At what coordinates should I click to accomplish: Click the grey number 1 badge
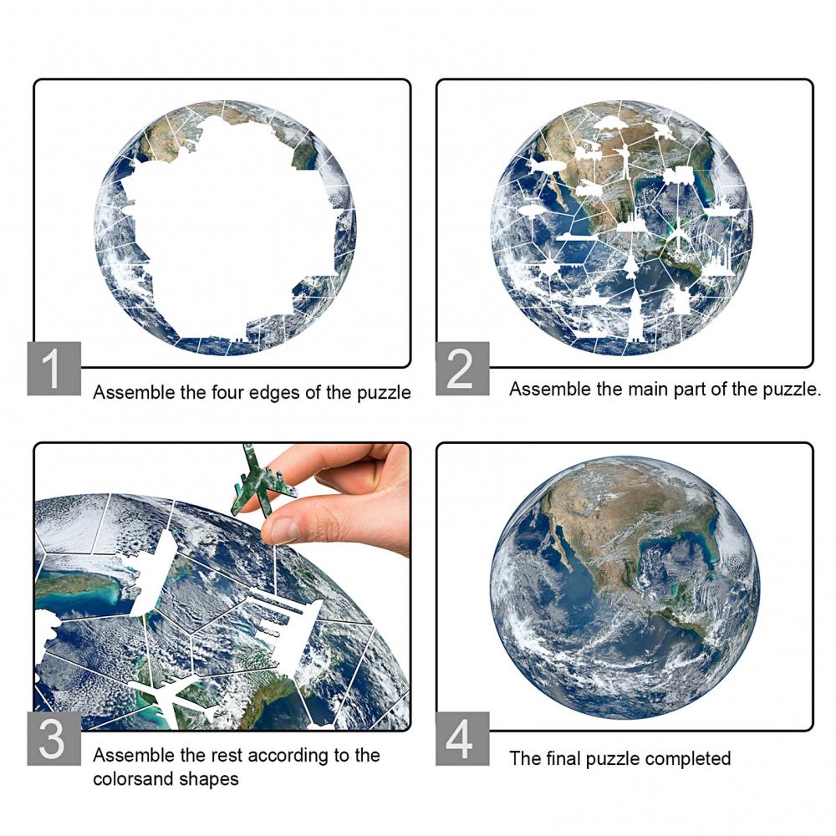point(54,369)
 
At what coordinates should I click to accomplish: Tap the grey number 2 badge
point(462,369)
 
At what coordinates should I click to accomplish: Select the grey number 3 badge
point(54,738)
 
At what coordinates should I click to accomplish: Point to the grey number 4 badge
point(462,738)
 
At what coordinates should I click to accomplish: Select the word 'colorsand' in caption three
point(133,779)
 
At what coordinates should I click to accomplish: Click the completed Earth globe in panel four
point(625,590)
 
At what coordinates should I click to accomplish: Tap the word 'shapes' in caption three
point(209,780)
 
